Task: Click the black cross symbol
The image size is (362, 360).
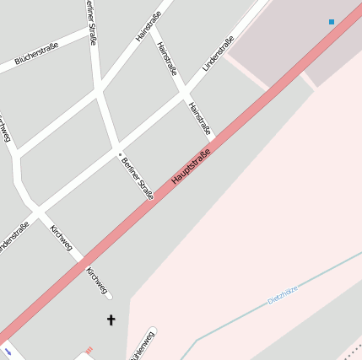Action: tap(110, 320)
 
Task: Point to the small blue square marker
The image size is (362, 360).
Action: tap(332, 21)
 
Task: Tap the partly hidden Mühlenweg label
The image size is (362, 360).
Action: tap(143, 346)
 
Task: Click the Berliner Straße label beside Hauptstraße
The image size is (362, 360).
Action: tap(138, 177)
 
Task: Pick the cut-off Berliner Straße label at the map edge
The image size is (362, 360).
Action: tap(92, 20)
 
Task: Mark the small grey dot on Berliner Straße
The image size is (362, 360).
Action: tap(119, 153)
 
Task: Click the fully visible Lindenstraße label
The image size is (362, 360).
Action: tap(218, 53)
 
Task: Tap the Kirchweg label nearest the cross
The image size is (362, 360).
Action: tap(98, 282)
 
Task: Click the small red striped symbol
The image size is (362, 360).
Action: tap(89, 349)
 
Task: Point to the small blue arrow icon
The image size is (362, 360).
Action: tap(8, 350)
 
